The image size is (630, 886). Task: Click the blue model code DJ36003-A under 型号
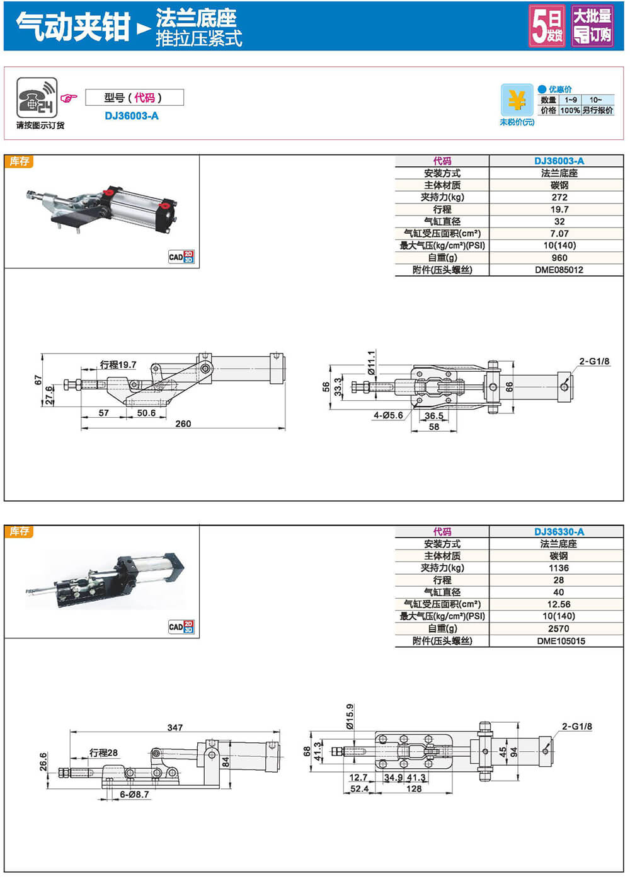(x=132, y=116)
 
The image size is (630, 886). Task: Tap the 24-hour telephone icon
(x=37, y=98)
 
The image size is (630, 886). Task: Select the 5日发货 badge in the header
(x=546, y=26)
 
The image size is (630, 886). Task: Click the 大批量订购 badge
(x=592, y=26)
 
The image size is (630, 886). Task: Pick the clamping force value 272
(x=559, y=197)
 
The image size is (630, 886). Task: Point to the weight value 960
(x=559, y=258)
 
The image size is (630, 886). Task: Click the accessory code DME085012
(x=559, y=270)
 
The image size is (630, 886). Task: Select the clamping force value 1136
(x=559, y=568)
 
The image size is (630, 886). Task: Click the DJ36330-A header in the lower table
(x=559, y=532)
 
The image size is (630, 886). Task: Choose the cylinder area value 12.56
(x=559, y=604)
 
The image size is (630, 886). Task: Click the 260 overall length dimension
(x=183, y=423)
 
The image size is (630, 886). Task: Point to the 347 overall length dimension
(x=175, y=727)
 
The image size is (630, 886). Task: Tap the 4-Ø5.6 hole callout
(x=388, y=415)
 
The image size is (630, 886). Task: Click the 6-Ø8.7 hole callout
(x=134, y=795)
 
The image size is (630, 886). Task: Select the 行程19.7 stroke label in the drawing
(x=118, y=365)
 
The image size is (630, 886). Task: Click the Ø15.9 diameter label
(x=350, y=716)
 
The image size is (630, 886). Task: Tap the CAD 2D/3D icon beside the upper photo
(x=181, y=256)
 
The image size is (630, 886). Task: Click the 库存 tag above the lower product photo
(x=19, y=531)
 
